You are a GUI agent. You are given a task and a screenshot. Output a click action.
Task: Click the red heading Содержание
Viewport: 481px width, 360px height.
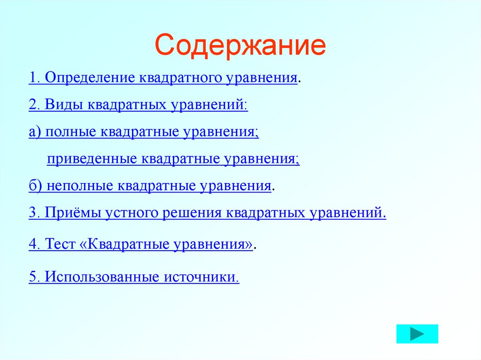click(240, 46)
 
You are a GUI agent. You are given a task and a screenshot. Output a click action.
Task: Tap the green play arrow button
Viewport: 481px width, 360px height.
click(417, 334)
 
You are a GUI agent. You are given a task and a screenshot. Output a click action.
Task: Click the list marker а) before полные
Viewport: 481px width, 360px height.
click(35, 132)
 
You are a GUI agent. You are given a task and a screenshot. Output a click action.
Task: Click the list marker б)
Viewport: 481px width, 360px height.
click(35, 185)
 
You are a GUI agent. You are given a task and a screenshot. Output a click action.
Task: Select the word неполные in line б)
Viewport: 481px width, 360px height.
click(77, 185)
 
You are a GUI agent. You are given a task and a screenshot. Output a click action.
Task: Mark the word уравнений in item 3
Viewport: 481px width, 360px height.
click(348, 213)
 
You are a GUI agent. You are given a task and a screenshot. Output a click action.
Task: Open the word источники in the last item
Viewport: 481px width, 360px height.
click(201, 277)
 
